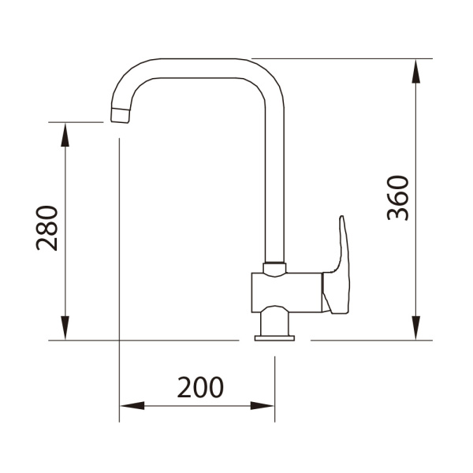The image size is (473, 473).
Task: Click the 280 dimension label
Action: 47,228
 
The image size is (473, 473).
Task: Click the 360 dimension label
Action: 398,198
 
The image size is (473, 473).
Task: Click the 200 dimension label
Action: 200,387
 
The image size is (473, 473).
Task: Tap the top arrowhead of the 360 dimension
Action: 416,71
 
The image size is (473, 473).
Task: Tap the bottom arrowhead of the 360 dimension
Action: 416,328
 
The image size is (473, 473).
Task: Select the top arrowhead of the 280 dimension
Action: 65,135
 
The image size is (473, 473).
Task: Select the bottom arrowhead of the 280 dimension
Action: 65,328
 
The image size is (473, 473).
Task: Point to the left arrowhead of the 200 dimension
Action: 132,406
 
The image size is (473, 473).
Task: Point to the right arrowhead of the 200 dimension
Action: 263,406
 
